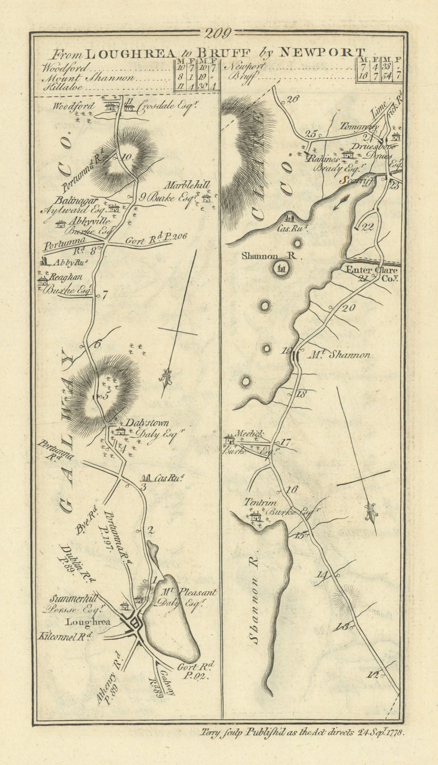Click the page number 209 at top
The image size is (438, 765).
[x=218, y=33]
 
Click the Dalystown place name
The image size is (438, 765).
[x=147, y=423]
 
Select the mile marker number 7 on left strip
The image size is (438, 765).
[x=105, y=295]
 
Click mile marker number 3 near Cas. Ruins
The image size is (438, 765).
[x=142, y=487]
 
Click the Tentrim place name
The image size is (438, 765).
[x=254, y=503]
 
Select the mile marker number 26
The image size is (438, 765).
[x=292, y=99]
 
